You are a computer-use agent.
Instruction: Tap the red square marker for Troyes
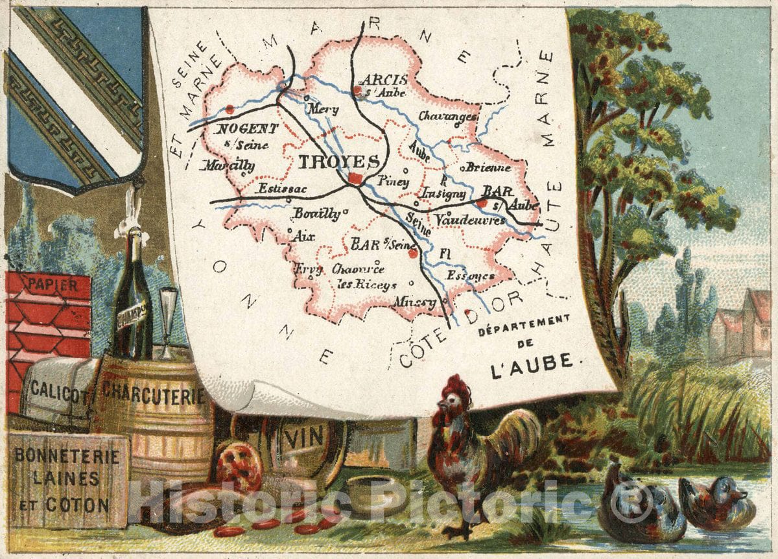355,178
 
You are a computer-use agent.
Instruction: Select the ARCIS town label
385,80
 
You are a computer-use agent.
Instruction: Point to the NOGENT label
248,129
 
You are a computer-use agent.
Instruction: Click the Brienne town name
488,167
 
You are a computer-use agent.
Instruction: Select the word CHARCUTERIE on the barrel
153,394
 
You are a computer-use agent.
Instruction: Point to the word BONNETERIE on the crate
67,457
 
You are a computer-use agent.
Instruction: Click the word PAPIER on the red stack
49,284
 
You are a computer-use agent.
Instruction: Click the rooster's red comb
457,387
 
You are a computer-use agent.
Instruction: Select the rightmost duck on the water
717,502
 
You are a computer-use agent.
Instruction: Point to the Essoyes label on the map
470,276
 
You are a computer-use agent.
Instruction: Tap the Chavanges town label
448,117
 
